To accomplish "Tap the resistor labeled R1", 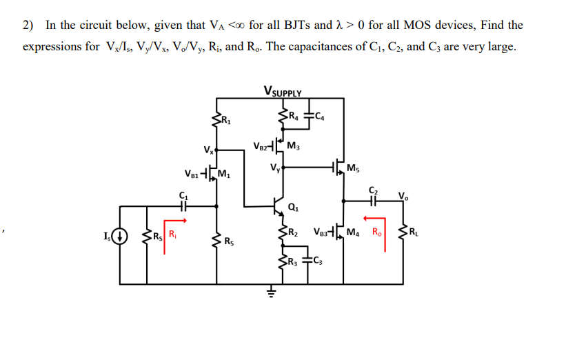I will [218, 122].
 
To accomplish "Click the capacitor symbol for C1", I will [183, 204].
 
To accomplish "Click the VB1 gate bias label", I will [194, 173].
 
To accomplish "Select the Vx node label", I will [208, 150].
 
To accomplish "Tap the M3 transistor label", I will [292, 146].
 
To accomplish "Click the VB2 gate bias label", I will [261, 146].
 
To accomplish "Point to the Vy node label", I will [276, 166].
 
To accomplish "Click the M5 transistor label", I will [354, 168].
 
